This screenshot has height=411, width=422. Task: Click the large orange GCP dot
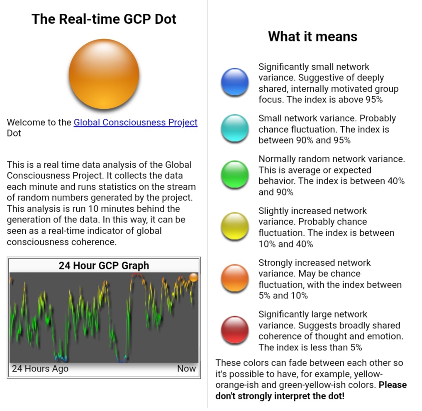[x=104, y=74]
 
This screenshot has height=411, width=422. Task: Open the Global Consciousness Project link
[x=135, y=122]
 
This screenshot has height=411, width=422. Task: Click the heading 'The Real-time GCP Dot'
[x=104, y=19]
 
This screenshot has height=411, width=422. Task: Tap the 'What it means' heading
[x=313, y=37]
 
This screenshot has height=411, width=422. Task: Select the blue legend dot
[x=235, y=82]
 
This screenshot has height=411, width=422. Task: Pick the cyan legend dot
[x=235, y=128]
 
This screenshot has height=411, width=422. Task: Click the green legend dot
[x=235, y=174]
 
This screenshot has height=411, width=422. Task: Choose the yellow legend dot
[x=235, y=226]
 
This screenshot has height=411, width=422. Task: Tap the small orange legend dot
[x=235, y=278]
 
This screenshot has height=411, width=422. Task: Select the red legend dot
[x=235, y=330]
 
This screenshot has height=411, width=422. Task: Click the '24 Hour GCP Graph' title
[x=104, y=266]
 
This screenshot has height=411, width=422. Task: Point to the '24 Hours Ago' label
[x=40, y=368]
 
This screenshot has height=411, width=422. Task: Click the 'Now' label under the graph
[x=186, y=368]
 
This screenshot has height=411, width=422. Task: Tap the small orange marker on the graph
[x=193, y=277]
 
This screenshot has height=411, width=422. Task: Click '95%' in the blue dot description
[x=374, y=100]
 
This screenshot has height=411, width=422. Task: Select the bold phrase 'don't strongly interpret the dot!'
[x=280, y=396]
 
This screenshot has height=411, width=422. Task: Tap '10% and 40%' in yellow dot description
[x=286, y=244]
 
